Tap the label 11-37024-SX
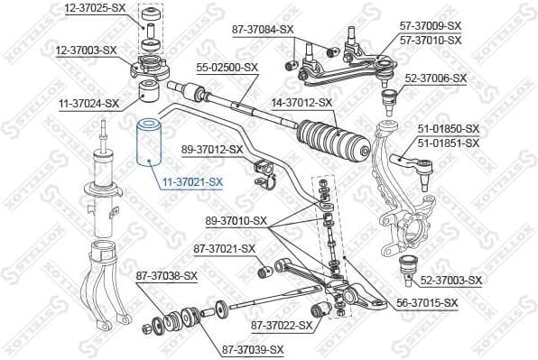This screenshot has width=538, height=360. [87, 104]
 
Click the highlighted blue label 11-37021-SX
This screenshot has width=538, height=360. [192, 182]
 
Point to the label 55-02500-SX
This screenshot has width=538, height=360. [227, 67]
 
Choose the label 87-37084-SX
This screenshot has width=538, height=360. [263, 29]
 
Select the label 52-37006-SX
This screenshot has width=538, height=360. [435, 78]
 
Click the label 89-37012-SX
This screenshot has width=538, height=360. [212, 149]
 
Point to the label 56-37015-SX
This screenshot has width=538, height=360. [427, 303]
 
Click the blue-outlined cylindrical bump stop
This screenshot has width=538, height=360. [146, 144]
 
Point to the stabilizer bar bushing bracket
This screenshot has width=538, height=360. [265, 172]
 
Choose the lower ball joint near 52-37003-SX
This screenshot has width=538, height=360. [406, 266]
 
